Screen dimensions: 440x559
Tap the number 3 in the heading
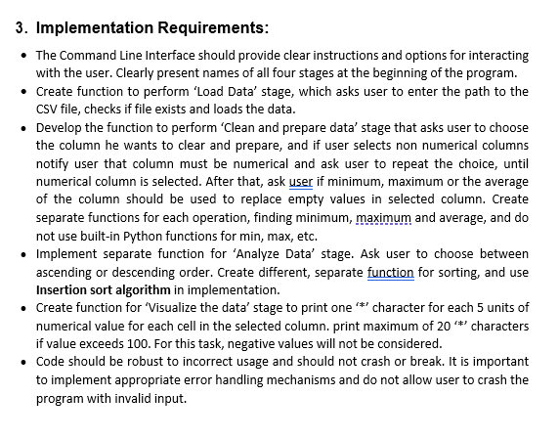pos(21,27)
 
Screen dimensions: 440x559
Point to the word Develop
pos(60,127)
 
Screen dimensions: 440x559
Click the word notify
pos(54,163)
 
